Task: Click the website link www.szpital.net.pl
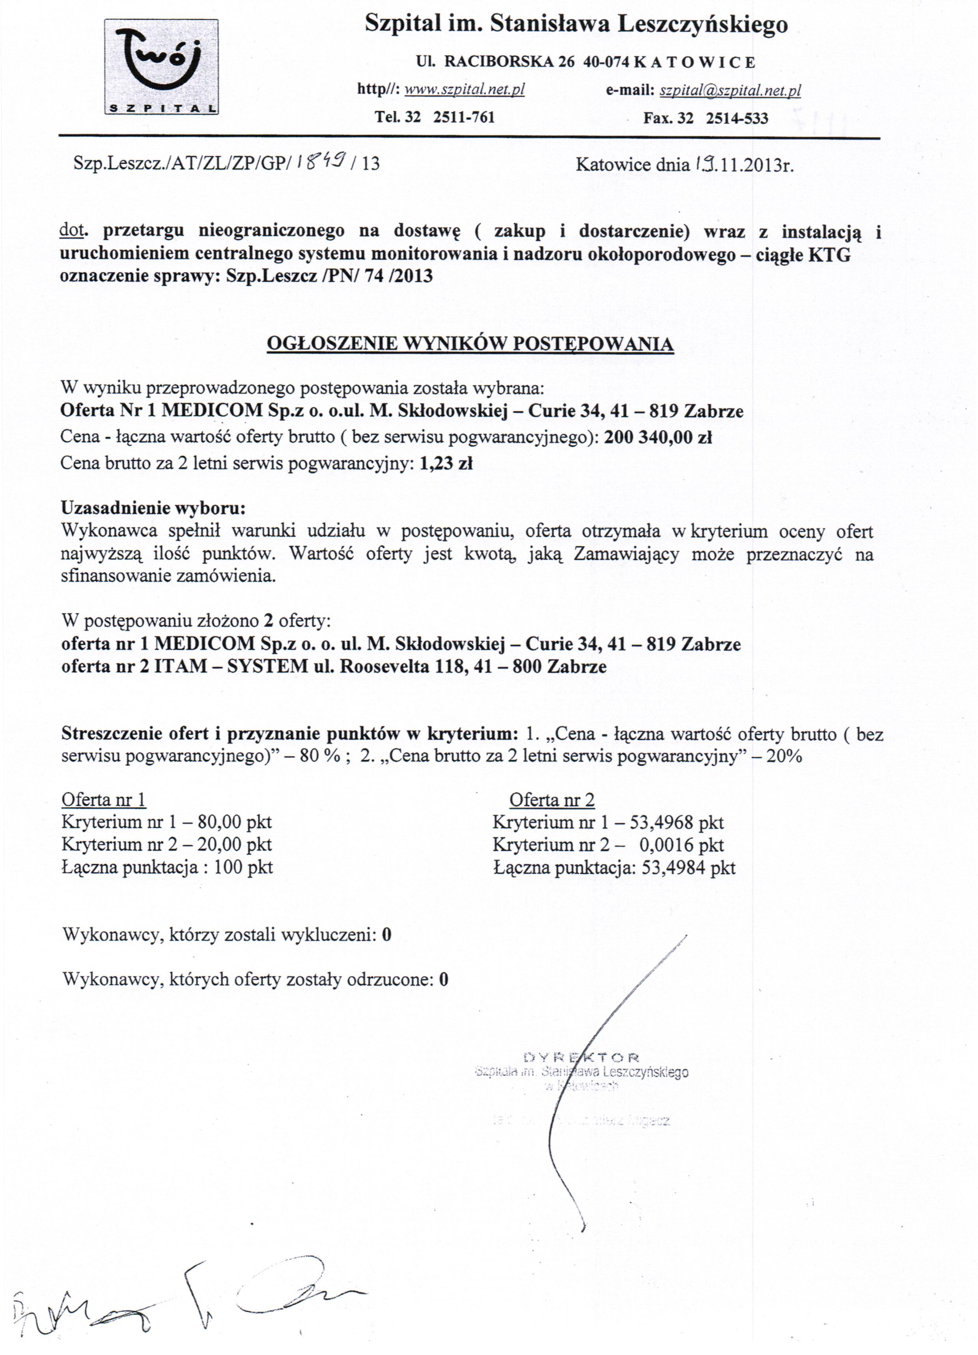tap(465, 89)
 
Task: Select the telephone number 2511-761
tap(464, 117)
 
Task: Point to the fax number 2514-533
tap(737, 118)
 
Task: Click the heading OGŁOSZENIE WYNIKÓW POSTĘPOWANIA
tap(470, 344)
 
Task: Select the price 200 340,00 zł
tap(657, 437)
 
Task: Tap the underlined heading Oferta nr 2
tap(551, 800)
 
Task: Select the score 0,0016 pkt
tap(681, 845)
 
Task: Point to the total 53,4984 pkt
tap(688, 867)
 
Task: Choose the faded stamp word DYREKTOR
tap(581, 1058)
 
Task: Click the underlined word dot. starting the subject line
tap(71, 231)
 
